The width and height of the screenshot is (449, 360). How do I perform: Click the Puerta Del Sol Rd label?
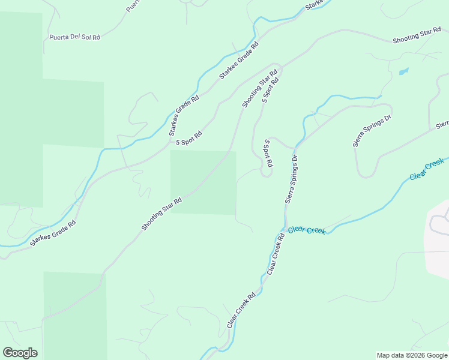pyautogui.click(x=75, y=37)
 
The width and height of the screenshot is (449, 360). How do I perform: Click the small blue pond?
pyautogui.click(x=403, y=71)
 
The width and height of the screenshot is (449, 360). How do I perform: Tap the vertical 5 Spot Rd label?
pyautogui.click(x=269, y=154)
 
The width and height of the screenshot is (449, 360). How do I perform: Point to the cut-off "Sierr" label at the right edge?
pyautogui.click(x=442, y=125)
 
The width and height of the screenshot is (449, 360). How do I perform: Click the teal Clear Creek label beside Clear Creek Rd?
pyautogui.click(x=307, y=230)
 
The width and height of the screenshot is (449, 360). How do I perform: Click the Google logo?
pyautogui.click(x=20, y=353)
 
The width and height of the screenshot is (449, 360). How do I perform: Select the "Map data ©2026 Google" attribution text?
pyautogui.click(x=412, y=355)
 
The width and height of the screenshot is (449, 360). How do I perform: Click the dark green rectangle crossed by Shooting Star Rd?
pyautogui.click(x=203, y=182)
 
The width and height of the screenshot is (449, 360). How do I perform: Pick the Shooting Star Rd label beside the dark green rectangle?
pyautogui.click(x=161, y=214)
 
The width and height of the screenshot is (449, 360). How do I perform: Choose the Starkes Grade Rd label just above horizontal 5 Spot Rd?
pyautogui.click(x=184, y=115)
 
